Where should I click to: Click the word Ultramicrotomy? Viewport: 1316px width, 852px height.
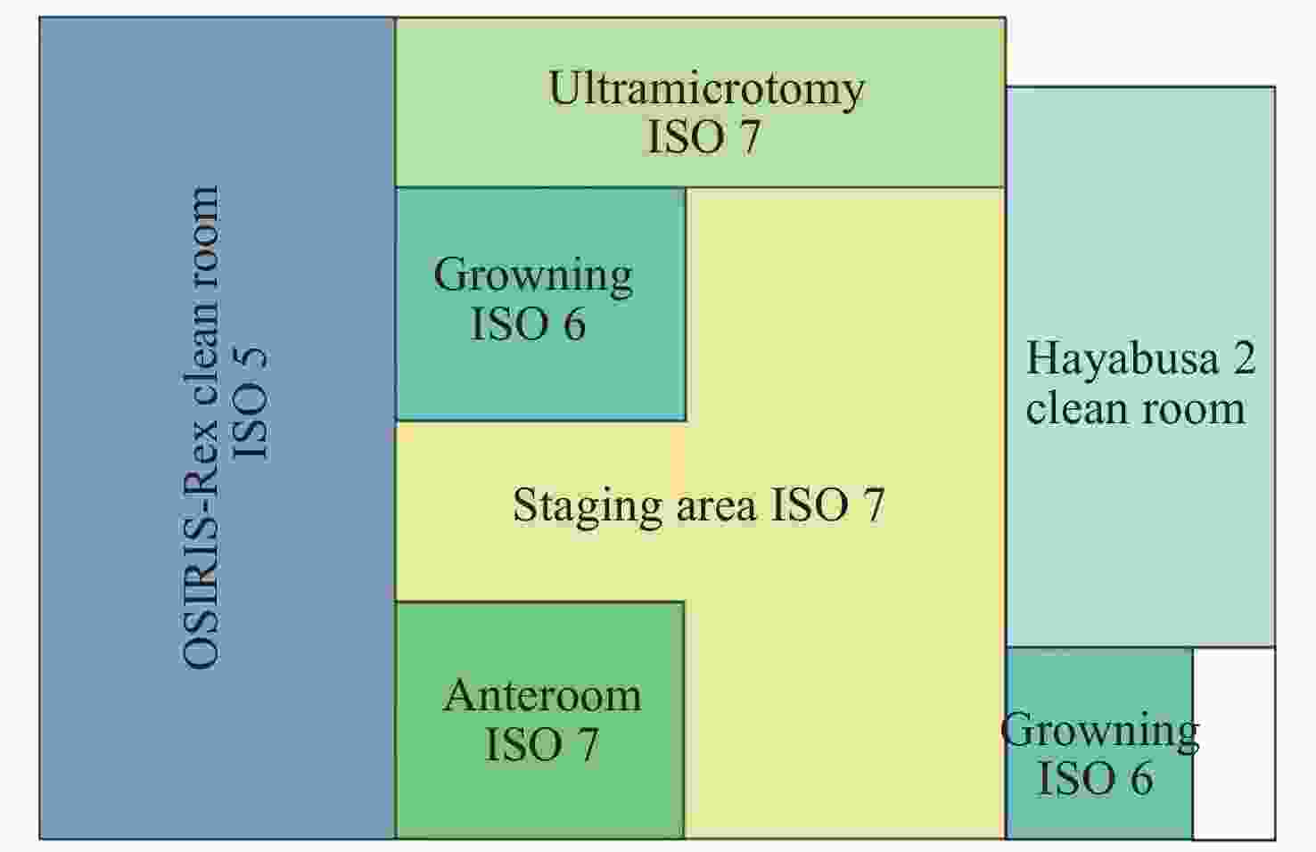pyautogui.click(x=706, y=89)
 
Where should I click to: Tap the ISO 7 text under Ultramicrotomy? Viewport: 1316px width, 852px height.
pyautogui.click(x=703, y=137)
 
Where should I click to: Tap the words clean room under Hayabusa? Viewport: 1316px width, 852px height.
pyautogui.click(x=1136, y=408)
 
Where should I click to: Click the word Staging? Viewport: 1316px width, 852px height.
pyautogui.click(x=588, y=506)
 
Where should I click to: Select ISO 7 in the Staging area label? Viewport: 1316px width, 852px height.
pyautogui.click(x=827, y=504)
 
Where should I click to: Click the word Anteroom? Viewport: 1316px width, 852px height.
pyautogui.click(x=542, y=696)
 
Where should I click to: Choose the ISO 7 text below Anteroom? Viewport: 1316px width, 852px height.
pyautogui.click(x=542, y=744)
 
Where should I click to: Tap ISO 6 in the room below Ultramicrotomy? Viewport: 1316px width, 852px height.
pyautogui.click(x=528, y=324)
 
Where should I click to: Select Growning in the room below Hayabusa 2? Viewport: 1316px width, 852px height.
pyautogui.click(x=1100, y=731)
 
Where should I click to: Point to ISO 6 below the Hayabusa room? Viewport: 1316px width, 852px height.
pyautogui.click(x=1097, y=779)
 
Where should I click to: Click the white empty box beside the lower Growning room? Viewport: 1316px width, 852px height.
pyautogui.click(x=1234, y=743)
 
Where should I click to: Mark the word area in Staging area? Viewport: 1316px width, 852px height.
pyautogui.click(x=717, y=506)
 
